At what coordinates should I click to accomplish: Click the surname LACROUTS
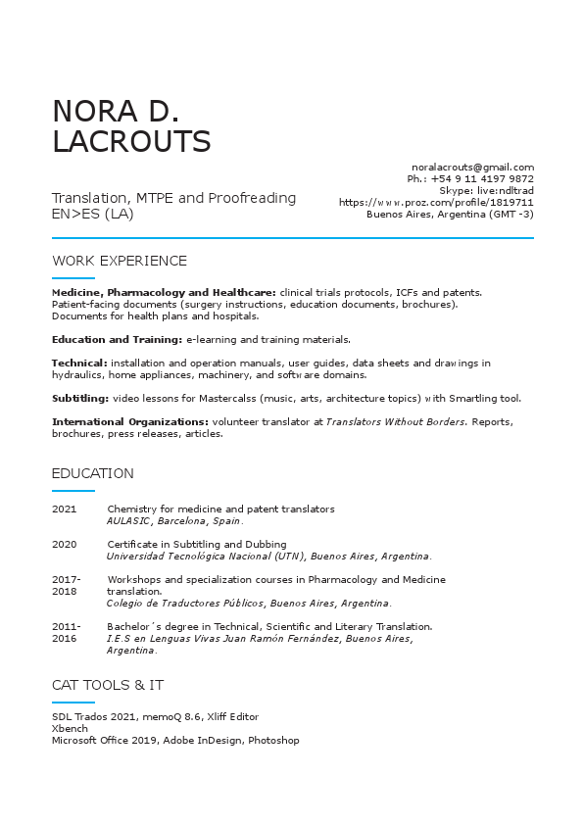(131, 142)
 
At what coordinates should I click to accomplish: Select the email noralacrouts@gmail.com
(472, 168)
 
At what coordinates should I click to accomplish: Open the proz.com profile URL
(436, 202)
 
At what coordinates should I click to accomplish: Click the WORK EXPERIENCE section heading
(119, 261)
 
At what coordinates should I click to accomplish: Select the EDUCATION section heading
(92, 473)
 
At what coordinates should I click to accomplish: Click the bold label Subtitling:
(80, 398)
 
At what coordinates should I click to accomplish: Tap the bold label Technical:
(79, 363)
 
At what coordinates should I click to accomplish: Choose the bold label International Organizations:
(129, 421)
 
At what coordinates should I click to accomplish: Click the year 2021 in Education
(64, 510)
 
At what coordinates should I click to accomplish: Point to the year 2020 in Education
(64, 544)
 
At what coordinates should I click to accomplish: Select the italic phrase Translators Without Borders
(386, 421)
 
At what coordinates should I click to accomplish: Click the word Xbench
(70, 729)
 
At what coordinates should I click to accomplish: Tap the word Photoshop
(273, 741)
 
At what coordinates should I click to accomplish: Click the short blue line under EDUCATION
(73, 490)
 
